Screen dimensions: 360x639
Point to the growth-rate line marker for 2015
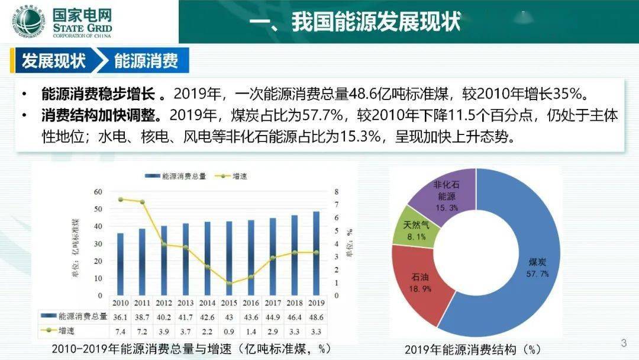pos(230,284)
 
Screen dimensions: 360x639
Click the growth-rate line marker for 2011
pos(142,202)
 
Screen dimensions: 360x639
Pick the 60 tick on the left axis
pos(98,192)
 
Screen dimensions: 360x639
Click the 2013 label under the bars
pos(186,303)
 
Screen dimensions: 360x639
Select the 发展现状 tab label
pos(53,60)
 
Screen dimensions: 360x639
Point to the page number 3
pos(623,343)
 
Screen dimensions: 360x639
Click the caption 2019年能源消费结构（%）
pos(473,349)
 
